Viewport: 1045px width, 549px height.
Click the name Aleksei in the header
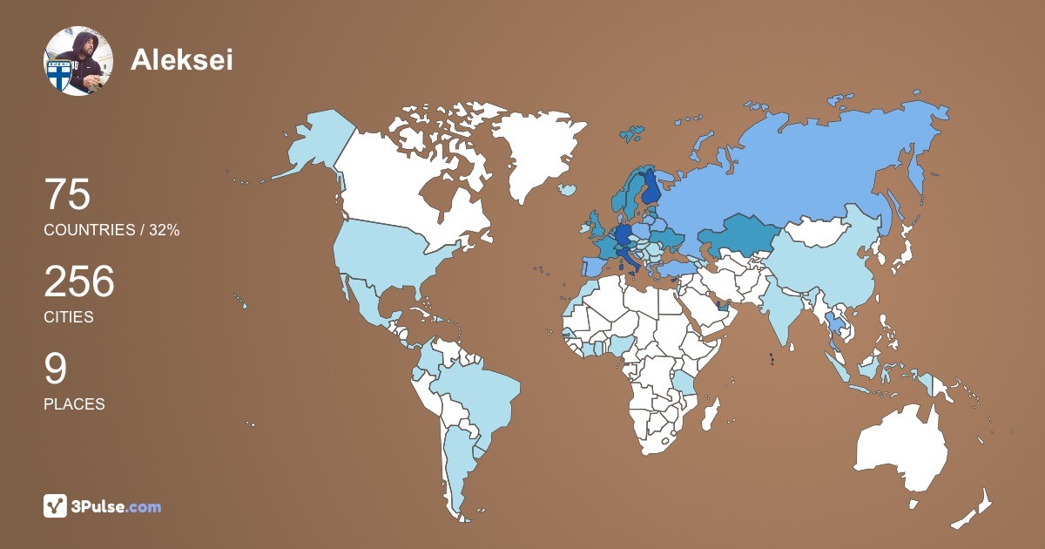click(181, 59)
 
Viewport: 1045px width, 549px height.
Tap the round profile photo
click(78, 60)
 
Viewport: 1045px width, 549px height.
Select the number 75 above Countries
click(67, 194)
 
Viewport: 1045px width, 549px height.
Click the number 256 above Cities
click(79, 282)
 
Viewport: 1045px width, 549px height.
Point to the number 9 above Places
click(55, 369)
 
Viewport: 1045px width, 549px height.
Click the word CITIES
click(68, 317)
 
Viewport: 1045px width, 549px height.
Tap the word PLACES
click(74, 404)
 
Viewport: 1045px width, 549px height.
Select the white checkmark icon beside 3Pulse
click(56, 506)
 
